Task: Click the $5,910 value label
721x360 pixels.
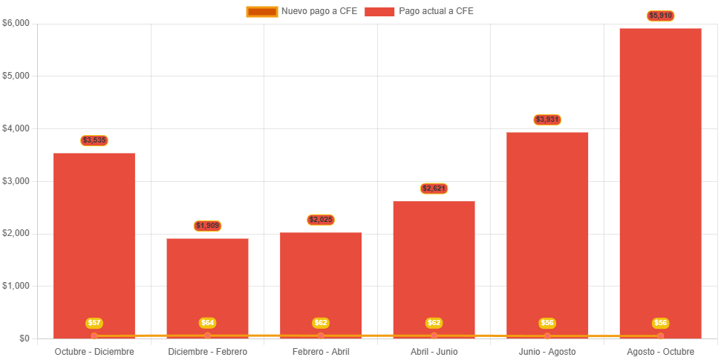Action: (x=660, y=16)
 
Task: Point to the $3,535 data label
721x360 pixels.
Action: (x=94, y=140)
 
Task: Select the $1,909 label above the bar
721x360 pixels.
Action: (x=207, y=226)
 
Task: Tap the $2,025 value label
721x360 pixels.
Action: (x=321, y=220)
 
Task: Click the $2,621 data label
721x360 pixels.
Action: (x=434, y=189)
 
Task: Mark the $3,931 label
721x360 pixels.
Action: (x=547, y=120)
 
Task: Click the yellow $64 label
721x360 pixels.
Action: (x=207, y=323)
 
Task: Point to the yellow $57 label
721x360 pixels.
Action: (x=94, y=323)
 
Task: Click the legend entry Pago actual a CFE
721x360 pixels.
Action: (x=419, y=11)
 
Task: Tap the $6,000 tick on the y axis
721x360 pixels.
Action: (x=16, y=23)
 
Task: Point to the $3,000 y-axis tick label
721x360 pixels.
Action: (x=16, y=181)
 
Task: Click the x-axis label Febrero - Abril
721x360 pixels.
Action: (x=321, y=351)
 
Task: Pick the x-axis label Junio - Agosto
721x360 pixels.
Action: (x=547, y=351)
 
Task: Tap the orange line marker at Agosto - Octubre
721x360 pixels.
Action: (x=660, y=336)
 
